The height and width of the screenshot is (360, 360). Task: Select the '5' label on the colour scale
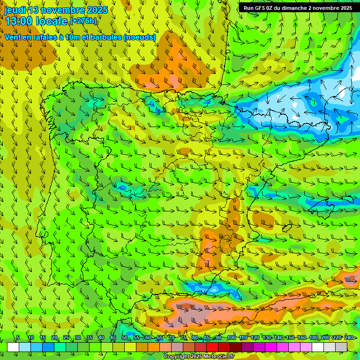tap(18, 337)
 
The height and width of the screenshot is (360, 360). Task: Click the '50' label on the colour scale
tap(125, 337)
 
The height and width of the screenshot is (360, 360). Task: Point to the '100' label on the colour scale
tap(231, 337)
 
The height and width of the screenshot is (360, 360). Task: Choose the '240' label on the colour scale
tap(349, 337)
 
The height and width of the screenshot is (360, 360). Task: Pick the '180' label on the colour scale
tap(314, 337)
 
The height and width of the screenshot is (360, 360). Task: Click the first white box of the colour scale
tap(13, 347)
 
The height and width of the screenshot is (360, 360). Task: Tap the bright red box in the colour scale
tap(212, 347)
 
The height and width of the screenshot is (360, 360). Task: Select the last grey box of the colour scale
tap(341, 347)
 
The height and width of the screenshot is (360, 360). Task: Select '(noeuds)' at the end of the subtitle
tap(140, 37)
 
